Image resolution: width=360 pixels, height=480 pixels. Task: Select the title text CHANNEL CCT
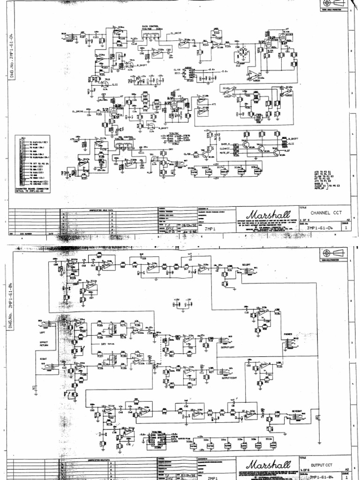click(x=323, y=212)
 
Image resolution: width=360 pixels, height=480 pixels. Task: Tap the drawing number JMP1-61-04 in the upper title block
click(x=319, y=228)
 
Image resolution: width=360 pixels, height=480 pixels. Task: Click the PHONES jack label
click(x=287, y=334)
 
